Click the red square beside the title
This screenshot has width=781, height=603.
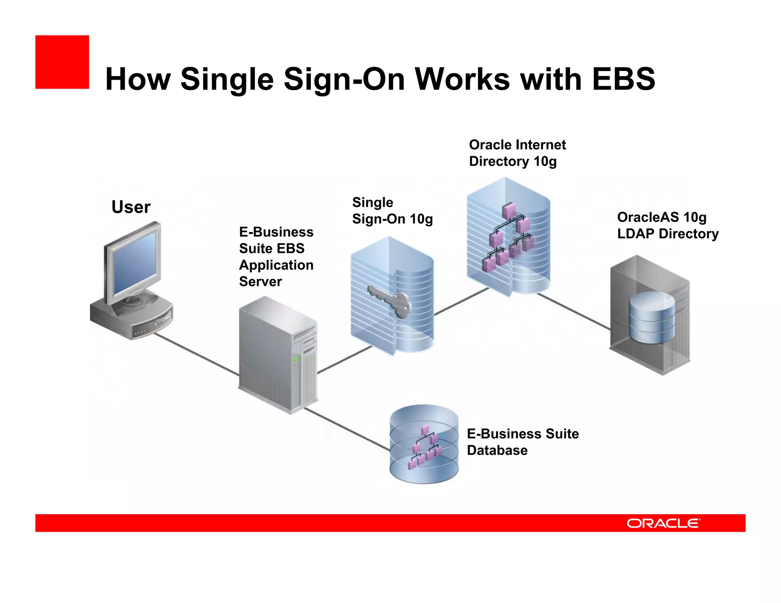coord(62,62)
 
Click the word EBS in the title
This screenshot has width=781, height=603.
coord(623,79)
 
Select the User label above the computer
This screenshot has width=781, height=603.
coord(131,207)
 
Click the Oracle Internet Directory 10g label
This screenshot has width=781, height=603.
coord(517,153)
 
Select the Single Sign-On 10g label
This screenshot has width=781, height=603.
coord(392,210)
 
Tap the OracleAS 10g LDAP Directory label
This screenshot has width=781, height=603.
coord(667,225)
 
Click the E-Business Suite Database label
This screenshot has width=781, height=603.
coord(522,442)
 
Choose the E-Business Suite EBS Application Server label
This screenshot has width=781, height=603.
coord(276,257)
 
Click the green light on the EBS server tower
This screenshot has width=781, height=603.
coord(296,359)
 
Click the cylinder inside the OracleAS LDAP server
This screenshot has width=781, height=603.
coord(652,317)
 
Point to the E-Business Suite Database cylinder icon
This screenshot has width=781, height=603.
coord(424,444)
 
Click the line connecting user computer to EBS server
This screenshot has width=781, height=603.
coord(196,354)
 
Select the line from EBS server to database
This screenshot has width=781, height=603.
coord(347,429)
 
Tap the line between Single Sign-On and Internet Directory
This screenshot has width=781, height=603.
coord(461,301)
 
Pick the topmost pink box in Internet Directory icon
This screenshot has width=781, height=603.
coord(509,210)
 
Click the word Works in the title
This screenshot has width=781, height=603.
coord(462,79)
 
